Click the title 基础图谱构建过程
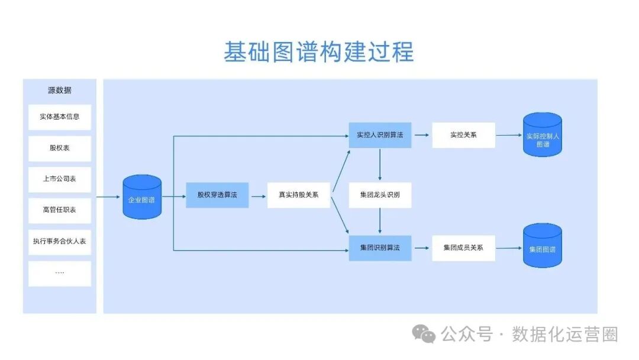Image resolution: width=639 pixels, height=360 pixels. [318, 52]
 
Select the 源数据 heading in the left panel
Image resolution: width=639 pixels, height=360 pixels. [60, 91]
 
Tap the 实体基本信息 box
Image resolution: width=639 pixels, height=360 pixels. [60, 117]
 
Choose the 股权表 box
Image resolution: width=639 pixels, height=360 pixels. [60, 148]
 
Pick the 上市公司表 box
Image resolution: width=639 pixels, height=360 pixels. [60, 179]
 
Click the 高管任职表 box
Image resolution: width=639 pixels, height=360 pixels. [60, 210]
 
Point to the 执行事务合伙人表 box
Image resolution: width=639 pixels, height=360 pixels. [60, 242]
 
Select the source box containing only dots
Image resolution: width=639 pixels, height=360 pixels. [60, 273]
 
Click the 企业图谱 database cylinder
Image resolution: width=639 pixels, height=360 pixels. [142, 198]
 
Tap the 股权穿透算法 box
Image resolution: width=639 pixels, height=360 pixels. [217, 195]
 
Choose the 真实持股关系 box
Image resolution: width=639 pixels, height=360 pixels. [299, 195]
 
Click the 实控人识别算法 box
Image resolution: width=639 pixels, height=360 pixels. [380, 135]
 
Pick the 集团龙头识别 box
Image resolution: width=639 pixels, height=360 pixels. [380, 195]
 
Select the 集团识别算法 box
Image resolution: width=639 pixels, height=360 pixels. [380, 247]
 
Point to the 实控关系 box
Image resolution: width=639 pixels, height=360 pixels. [463, 135]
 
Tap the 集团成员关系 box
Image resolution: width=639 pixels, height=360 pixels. [463, 247]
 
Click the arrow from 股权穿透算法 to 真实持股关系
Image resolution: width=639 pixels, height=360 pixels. [258, 195]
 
